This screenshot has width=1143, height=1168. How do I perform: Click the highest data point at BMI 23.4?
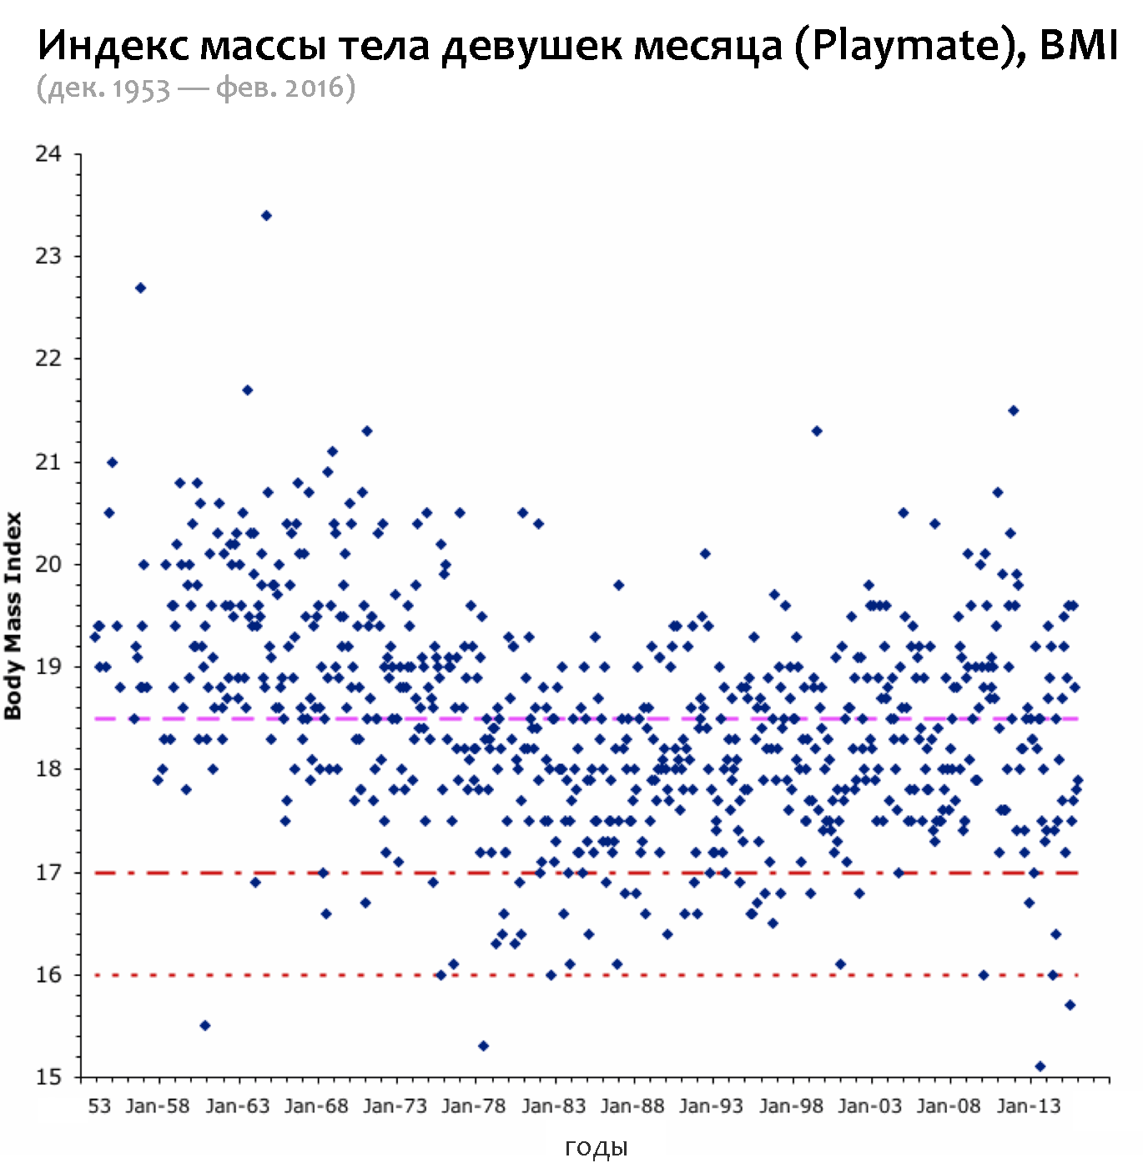click(266, 215)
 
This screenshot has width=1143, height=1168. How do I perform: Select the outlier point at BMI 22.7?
click(141, 288)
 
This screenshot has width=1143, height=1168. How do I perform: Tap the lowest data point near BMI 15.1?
click(1040, 1066)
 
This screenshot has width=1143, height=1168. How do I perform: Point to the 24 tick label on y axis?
click(48, 154)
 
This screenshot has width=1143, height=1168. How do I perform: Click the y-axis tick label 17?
click(48, 873)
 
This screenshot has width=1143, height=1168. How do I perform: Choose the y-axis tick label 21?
click(48, 462)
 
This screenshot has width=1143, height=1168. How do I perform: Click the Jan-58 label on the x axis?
click(158, 1106)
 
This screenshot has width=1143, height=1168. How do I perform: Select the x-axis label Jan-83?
click(553, 1106)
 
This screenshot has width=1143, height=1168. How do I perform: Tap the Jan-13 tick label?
click(1028, 1106)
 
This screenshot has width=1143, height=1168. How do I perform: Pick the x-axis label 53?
click(99, 1106)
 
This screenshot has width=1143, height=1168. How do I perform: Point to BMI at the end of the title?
click(1078, 45)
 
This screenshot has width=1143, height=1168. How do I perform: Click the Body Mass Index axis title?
click(13, 616)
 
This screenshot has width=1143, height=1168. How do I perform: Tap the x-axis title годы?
click(596, 1149)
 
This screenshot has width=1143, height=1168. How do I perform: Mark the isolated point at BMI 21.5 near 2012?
click(1014, 410)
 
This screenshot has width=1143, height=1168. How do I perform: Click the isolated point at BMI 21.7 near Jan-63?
click(247, 390)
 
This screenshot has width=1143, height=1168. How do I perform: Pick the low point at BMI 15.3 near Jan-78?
click(483, 1046)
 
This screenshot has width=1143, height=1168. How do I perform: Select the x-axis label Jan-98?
click(791, 1106)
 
